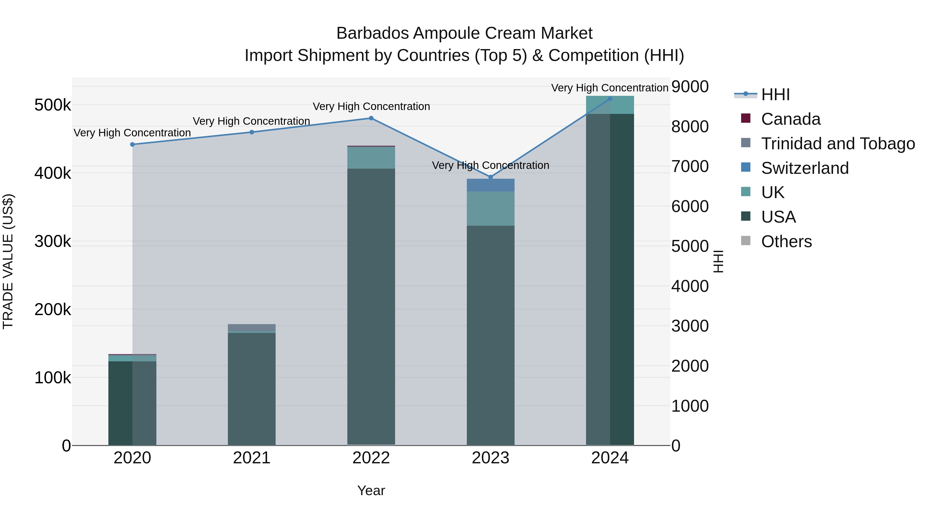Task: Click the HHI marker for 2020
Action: (132, 144)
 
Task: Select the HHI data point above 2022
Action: (371, 118)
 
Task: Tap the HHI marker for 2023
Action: (491, 177)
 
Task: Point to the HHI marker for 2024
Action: (610, 99)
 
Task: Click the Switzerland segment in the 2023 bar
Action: (491, 185)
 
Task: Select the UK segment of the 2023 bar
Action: (491, 209)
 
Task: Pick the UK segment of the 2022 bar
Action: (371, 158)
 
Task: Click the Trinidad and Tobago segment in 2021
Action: (252, 327)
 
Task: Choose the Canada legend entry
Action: (790, 119)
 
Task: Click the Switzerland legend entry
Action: (805, 168)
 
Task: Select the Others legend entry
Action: (786, 241)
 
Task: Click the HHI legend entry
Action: (775, 95)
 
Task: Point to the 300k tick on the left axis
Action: (53, 241)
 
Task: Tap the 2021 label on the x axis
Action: (252, 458)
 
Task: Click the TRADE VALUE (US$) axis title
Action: (8, 261)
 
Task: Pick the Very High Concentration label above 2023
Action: (491, 165)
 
